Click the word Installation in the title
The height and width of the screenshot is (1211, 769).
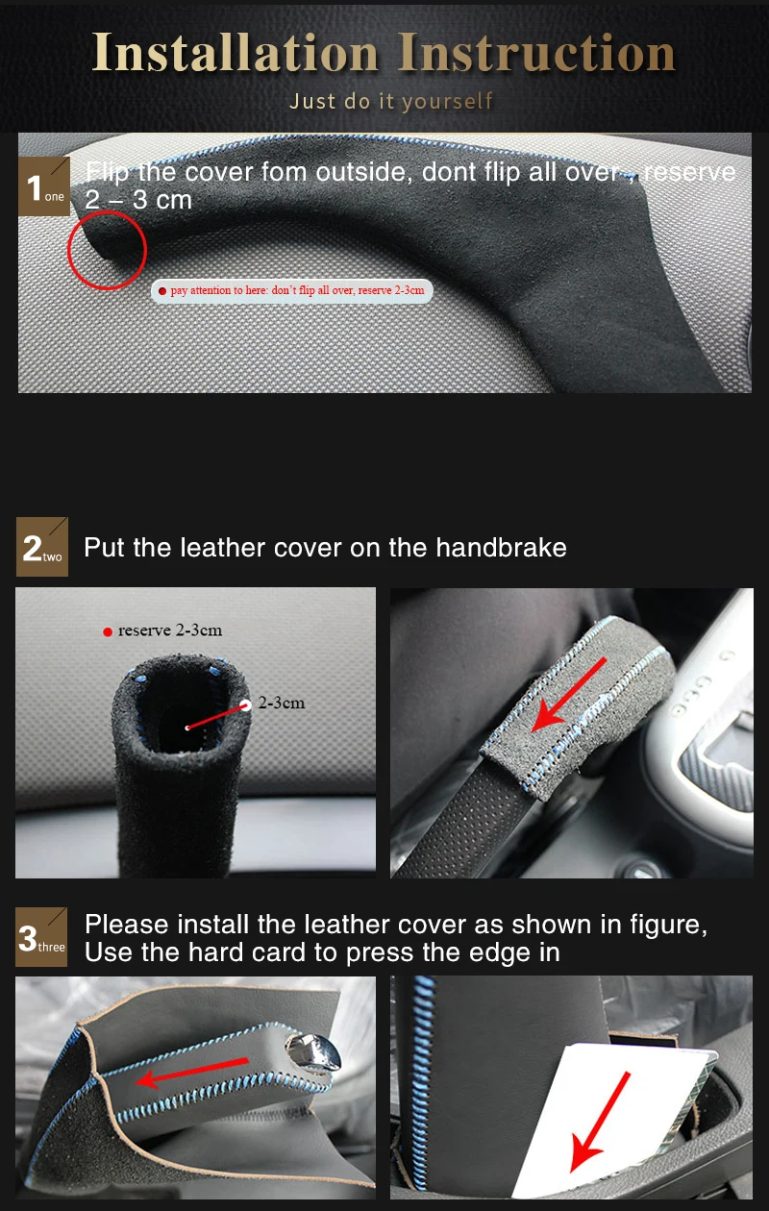coord(236,53)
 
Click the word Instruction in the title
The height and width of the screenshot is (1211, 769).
coord(536,53)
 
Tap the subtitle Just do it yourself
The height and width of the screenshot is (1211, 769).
coord(390,101)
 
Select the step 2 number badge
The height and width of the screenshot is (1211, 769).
coord(42,548)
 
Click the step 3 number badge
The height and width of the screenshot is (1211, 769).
coord(42,938)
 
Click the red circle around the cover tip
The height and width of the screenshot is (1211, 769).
coord(107,251)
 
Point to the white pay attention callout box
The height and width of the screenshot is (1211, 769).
coord(292,290)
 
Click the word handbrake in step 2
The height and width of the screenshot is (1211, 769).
coord(501,548)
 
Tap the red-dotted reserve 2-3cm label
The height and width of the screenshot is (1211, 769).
coord(164,630)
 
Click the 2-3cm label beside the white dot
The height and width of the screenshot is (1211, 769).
coord(281,703)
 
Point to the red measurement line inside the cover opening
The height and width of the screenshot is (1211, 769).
coord(216,716)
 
